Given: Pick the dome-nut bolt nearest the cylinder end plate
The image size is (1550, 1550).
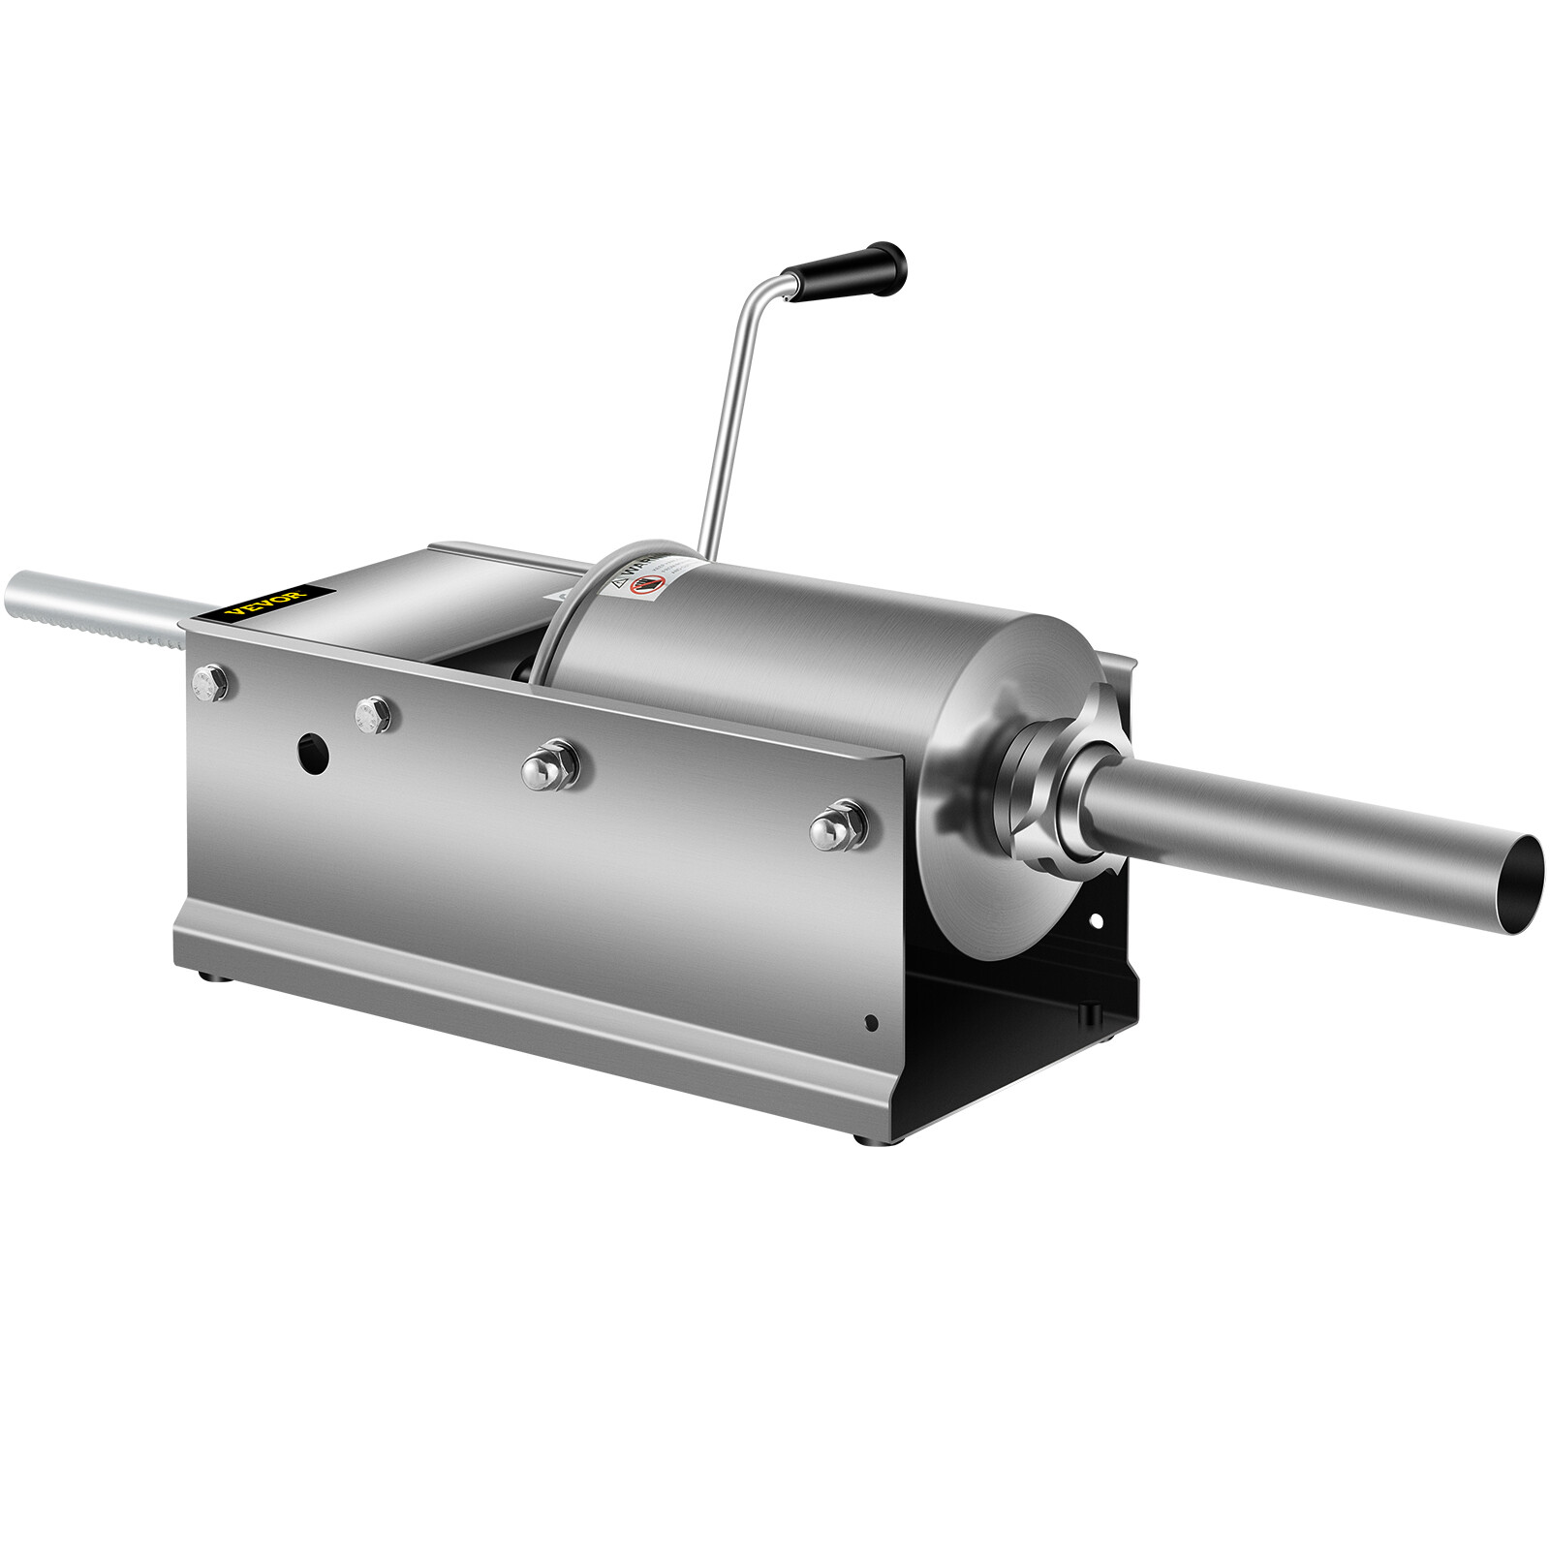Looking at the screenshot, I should coord(838,825).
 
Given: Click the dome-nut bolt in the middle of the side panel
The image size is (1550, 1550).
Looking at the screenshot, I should coord(549,766).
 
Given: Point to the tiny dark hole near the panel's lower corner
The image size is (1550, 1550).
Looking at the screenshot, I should coord(871,1022).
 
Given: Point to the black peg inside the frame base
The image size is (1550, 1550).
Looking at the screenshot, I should coord(1087,1009).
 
